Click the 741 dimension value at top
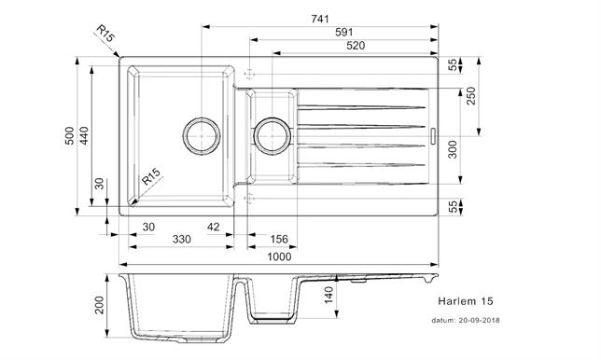point(320,19)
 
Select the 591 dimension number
point(343,32)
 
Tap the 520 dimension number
point(356,46)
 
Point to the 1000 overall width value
point(279,256)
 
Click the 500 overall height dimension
point(69,135)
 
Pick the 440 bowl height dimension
point(84,135)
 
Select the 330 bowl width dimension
point(181,240)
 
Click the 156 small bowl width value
point(279,240)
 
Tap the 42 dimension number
point(213,228)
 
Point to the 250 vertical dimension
point(471,96)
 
